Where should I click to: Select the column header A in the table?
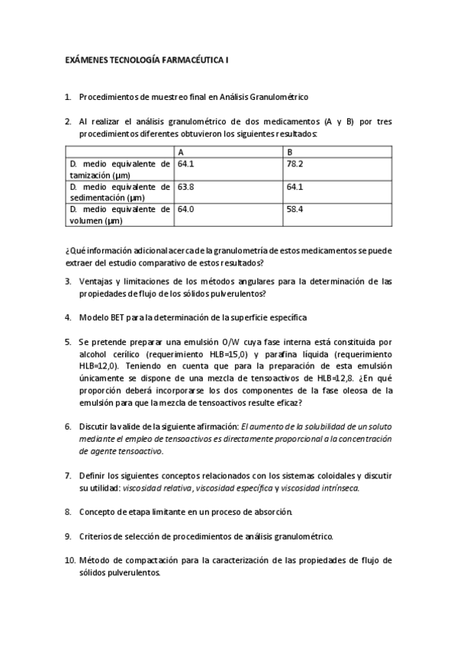tap(180, 152)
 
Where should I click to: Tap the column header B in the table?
tap(289, 152)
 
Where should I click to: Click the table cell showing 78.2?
tap(294, 164)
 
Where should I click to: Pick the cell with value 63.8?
tap(185, 186)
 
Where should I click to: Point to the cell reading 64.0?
tap(185, 209)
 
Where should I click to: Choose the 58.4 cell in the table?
tap(294, 209)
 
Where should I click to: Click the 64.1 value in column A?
tap(185, 164)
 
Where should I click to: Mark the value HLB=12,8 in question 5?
tap(332, 379)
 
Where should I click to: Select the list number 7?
tap(67, 475)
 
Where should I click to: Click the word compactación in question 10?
tap(140, 560)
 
